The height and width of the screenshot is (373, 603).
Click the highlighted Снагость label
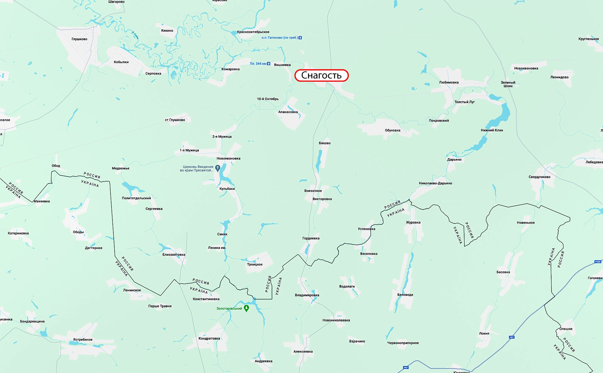[321, 75]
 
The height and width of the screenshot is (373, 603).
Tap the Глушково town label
[79, 39]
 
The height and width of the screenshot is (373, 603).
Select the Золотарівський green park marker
[247, 308]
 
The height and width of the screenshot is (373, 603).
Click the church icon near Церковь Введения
[218, 168]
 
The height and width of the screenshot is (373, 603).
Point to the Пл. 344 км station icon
[269, 63]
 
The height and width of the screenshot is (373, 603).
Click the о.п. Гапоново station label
[280, 38]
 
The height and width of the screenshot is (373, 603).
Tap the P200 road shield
[598, 261]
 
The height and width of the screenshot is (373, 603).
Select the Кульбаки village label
[227, 189]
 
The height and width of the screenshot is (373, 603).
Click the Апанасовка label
[288, 112]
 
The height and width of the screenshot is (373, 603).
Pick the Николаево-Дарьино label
[435, 183]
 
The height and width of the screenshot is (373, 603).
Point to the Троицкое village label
[255, 264]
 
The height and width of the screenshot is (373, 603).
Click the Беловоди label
[405, 295]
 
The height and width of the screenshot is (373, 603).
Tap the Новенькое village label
[526, 222]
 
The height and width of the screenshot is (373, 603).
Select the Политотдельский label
[136, 198]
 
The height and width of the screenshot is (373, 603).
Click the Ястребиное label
[83, 339]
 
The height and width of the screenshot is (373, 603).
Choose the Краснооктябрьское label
[253, 32]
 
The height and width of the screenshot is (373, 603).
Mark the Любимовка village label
[449, 82]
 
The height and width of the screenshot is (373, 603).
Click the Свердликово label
[540, 177]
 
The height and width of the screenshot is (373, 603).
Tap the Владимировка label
[307, 295]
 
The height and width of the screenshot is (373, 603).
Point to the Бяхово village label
[324, 143]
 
